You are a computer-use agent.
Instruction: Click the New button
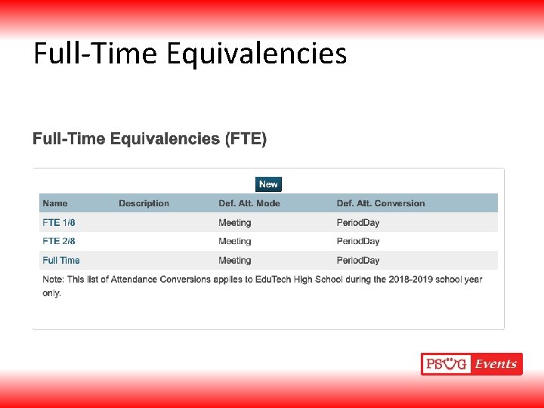[268, 184]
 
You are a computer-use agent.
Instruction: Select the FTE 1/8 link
[59, 223]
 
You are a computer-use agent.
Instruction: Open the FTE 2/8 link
[59, 242]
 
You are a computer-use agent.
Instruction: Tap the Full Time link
[61, 261]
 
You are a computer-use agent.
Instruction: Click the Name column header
[55, 203]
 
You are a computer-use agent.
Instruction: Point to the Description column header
[144, 203]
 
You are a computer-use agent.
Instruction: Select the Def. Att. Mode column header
[249, 203]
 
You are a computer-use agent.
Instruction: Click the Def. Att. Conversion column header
[381, 203]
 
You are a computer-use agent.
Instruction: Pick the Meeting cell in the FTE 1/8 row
[235, 223]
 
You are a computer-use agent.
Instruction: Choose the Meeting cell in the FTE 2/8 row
[235, 242]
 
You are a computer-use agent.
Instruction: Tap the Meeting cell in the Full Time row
[235, 261]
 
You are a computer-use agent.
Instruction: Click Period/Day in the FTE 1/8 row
[358, 223]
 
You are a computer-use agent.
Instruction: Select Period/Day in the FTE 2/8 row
[358, 242]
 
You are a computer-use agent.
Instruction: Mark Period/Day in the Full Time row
[358, 261]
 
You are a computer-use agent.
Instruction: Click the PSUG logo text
[447, 364]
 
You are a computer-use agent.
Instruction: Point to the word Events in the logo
[496, 364]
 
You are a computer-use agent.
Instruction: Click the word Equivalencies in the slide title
[256, 54]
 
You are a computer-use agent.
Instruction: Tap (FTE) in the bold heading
[246, 139]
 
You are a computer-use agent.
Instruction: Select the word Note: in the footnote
[53, 280]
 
